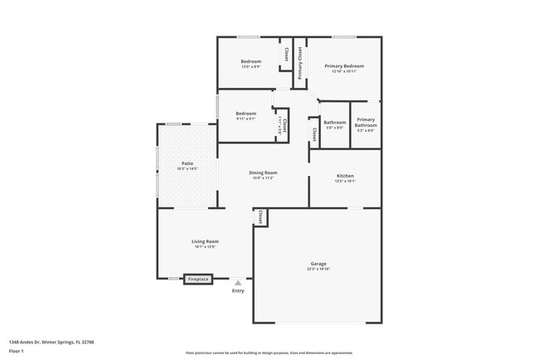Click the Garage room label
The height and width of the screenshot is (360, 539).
pos(318,263)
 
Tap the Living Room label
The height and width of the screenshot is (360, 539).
pos(205,241)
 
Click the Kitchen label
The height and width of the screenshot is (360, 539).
pos(345,175)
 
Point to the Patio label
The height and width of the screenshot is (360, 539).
pos(187,163)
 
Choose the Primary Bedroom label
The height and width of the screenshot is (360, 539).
pos(344,66)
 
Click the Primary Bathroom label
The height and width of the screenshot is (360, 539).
pos(366,123)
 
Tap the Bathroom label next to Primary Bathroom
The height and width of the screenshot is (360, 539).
pos(334,123)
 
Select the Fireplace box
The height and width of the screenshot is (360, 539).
pos(198,280)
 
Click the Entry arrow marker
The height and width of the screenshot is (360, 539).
pos(238,283)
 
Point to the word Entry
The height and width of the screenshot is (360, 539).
pos(238,290)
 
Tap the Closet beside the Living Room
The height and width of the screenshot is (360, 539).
pos(260,217)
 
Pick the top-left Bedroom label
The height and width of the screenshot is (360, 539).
pos(250,61)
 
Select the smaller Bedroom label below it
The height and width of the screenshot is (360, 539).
pos(245,113)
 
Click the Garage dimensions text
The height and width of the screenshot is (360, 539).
pos(318,269)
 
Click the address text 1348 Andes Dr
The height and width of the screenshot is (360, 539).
pos(51,342)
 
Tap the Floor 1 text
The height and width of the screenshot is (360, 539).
pos(17,351)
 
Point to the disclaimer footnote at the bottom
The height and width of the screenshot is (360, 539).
pos(269,353)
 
